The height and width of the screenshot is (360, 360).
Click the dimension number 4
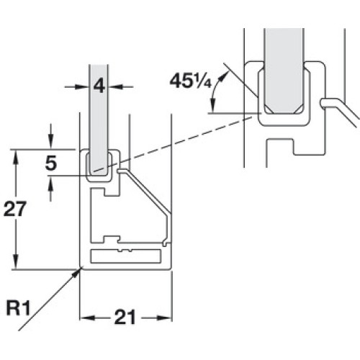pos(99,86)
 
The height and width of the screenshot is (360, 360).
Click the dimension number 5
pos(51,163)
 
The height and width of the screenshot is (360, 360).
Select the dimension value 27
pos(14,209)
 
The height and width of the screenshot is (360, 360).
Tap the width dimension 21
pos(125,317)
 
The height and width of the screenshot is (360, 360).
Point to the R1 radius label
pos(18,307)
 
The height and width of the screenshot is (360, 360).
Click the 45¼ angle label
pos(190,81)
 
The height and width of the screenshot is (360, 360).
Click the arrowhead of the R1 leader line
pos(78,273)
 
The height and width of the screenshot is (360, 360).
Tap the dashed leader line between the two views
pos(172,144)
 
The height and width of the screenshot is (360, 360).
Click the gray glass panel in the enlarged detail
pos(284,71)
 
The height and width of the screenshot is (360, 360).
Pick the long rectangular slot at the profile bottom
pos(125,256)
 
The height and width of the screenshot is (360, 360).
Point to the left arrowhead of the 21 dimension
pos(86,318)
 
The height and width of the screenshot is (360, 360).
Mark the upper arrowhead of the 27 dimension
pos(16,157)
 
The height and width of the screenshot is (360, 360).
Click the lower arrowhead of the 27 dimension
pos(16,261)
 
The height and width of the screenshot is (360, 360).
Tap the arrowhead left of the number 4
pos(82,86)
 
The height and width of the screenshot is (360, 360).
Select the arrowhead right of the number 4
pos(115,86)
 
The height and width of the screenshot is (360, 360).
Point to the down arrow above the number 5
pos(50,143)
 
